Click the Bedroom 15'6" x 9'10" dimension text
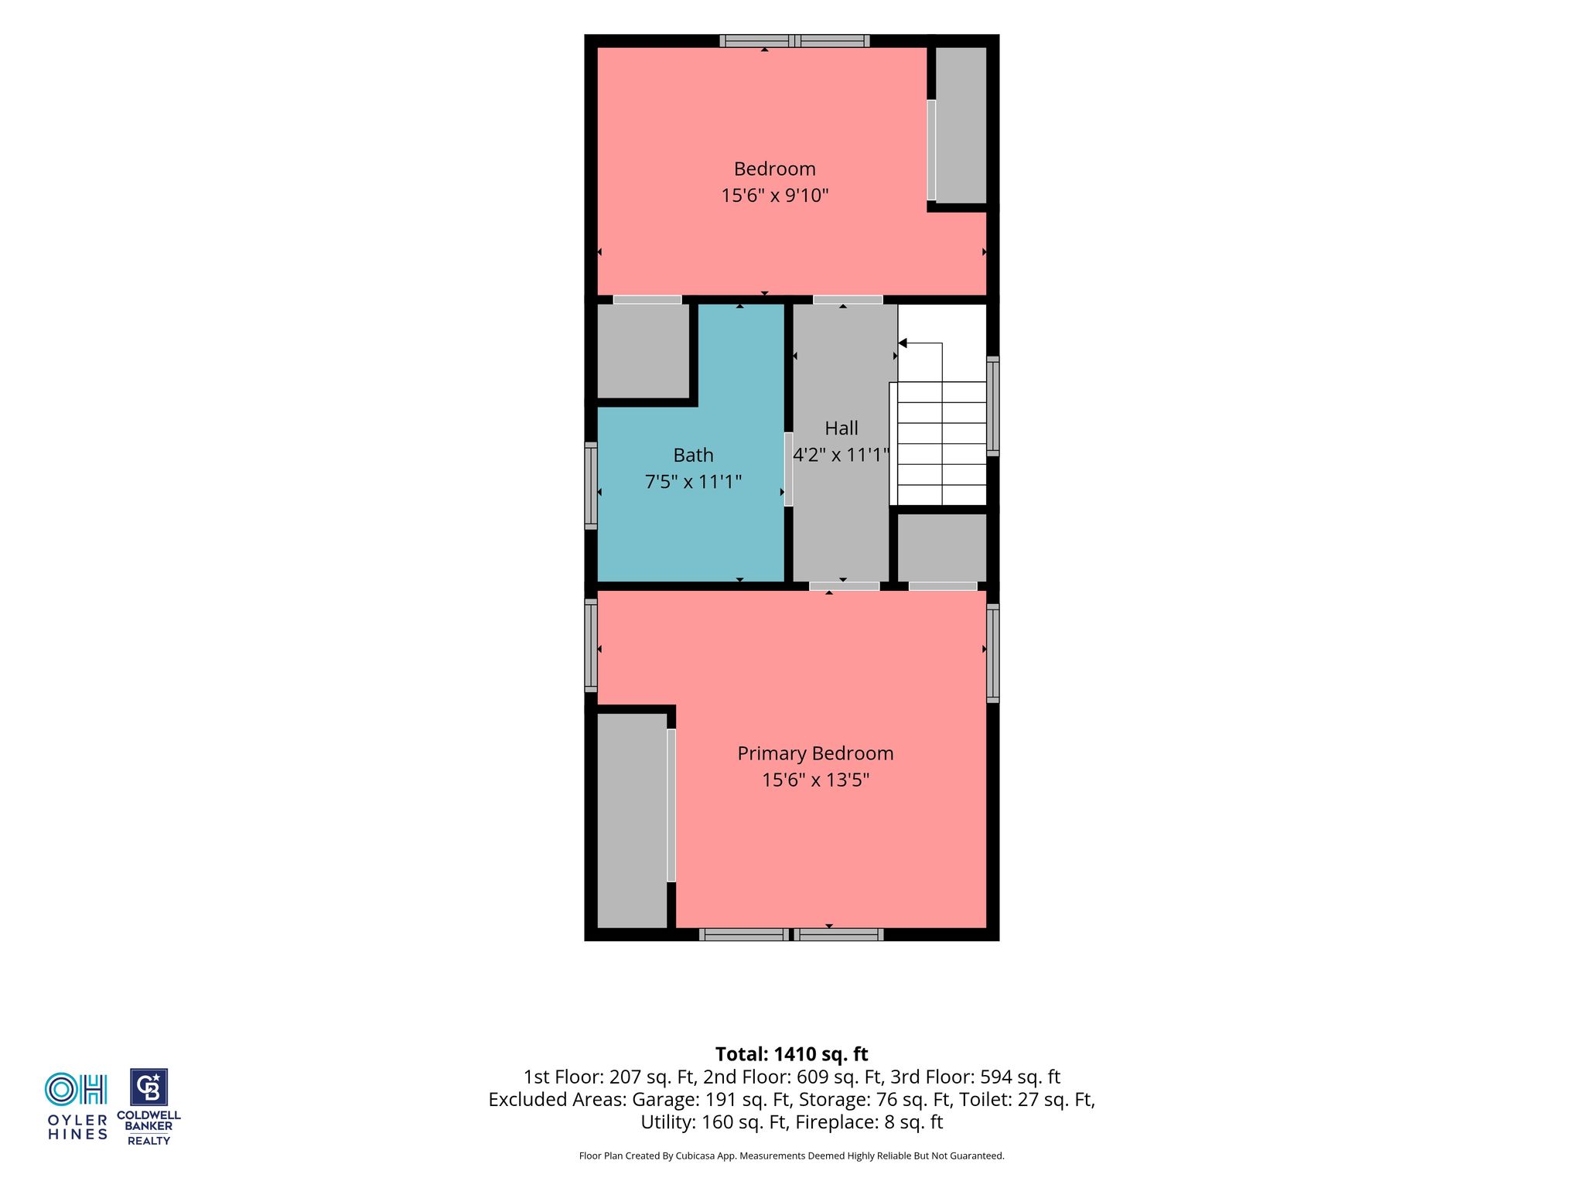(775, 195)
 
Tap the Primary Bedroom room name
(815, 753)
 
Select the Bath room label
(693, 455)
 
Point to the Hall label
(841, 428)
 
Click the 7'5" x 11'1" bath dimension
(693, 482)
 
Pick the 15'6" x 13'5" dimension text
(815, 780)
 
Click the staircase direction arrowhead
(902, 343)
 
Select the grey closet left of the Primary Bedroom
(633, 820)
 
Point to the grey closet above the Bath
(643, 351)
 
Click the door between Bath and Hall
(788, 469)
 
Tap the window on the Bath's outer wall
(591, 486)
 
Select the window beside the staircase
(993, 406)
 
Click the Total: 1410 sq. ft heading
(791, 1054)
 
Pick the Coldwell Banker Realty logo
(148, 1107)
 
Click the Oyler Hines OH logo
(77, 1106)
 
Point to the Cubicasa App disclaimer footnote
(791, 1156)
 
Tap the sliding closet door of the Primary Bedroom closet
(671, 805)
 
